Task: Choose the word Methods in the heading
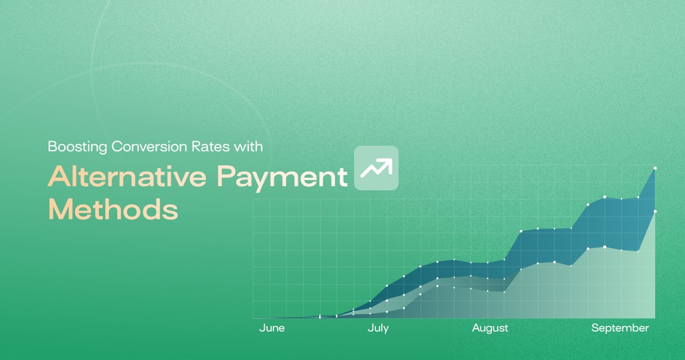point(112,209)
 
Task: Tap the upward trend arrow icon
point(376,168)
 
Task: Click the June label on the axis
point(272,328)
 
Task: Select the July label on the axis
point(378,328)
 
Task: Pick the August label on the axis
point(490,328)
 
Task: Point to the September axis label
point(619,328)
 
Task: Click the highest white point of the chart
point(655,168)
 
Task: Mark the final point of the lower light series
point(655,211)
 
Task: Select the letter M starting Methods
point(60,209)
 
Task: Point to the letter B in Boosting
point(51,147)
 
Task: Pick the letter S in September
point(594,328)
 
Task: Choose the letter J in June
point(262,328)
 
